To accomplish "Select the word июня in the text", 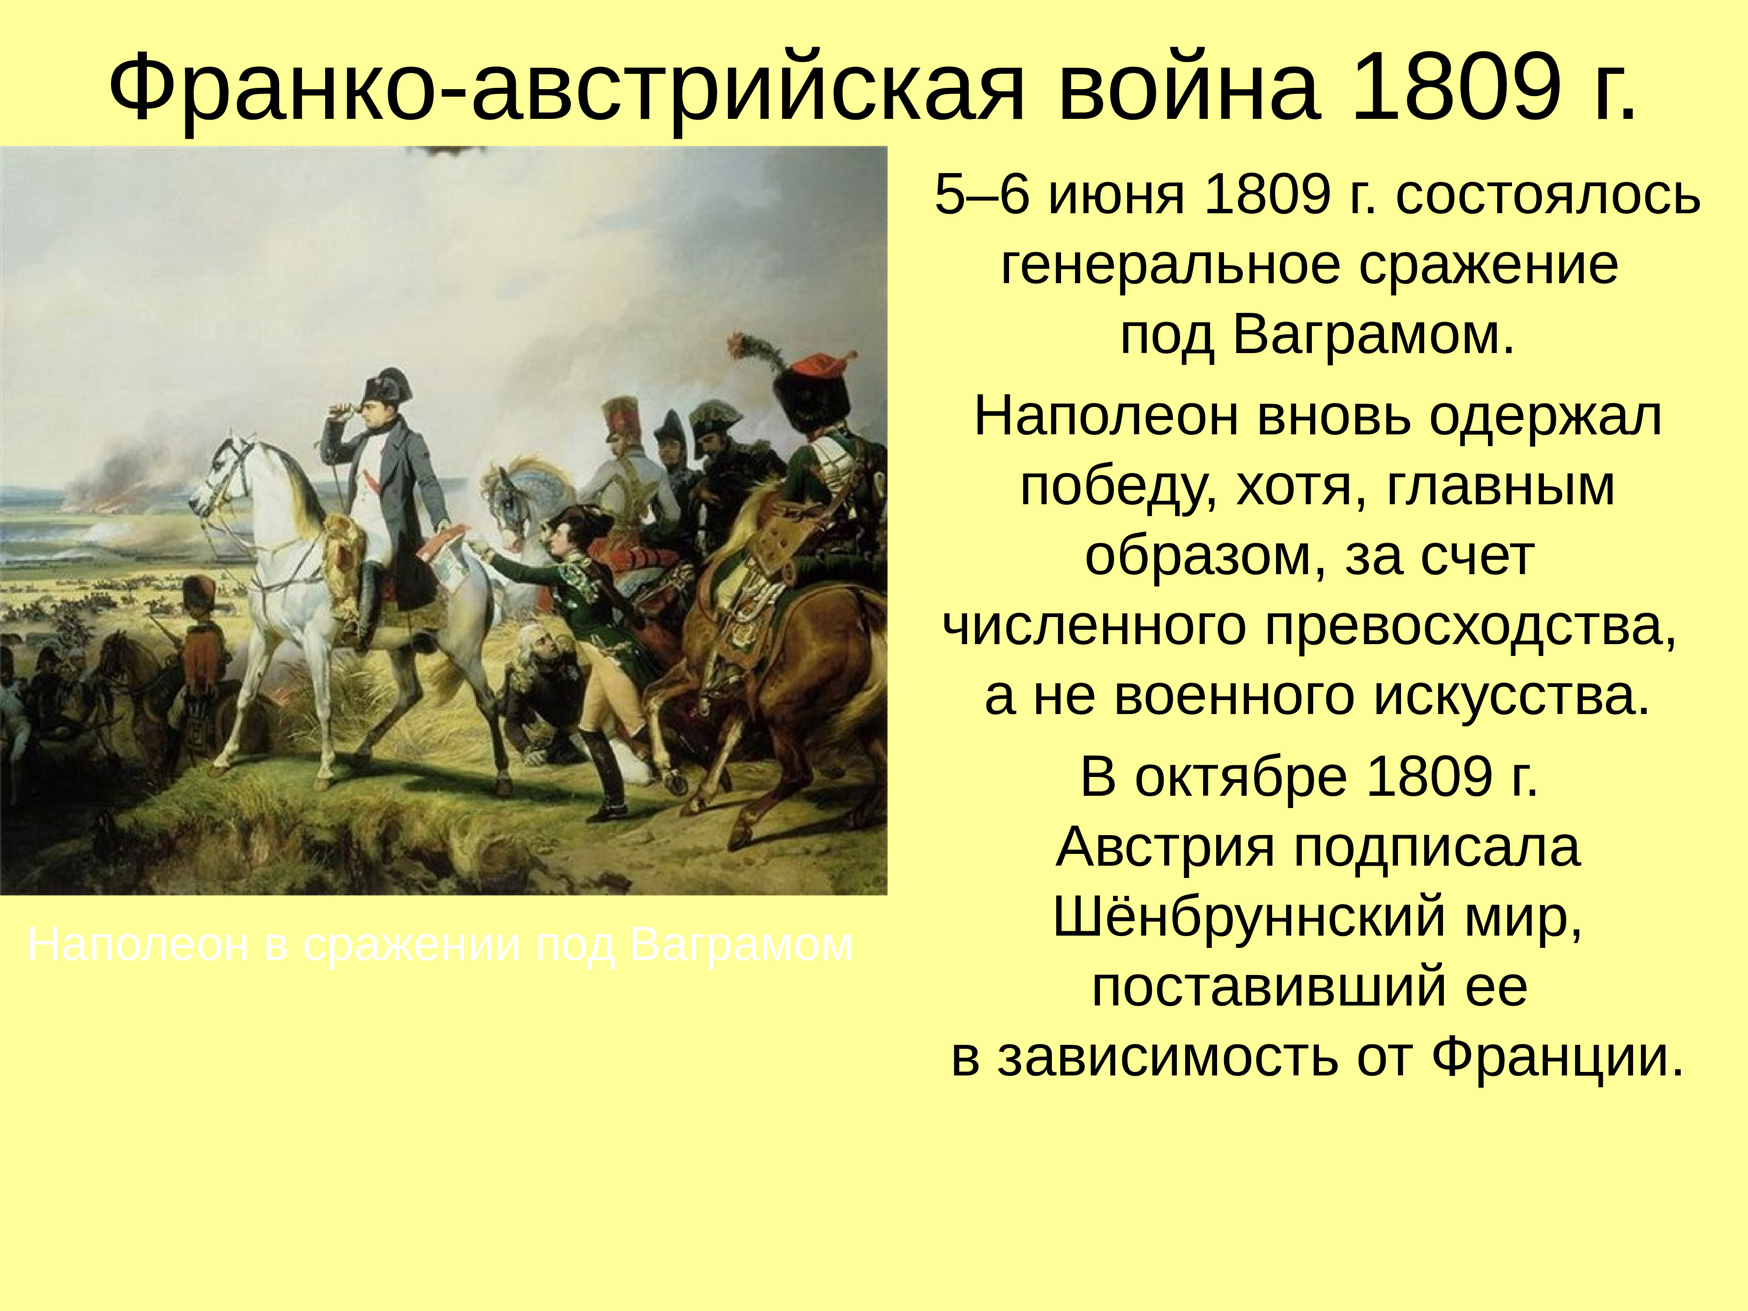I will click(x=1117, y=195).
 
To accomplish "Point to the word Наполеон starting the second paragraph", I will click(x=1105, y=416).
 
